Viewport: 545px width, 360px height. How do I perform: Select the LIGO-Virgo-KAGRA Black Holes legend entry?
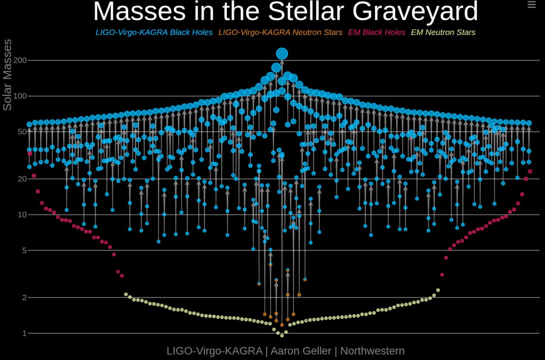point(154,32)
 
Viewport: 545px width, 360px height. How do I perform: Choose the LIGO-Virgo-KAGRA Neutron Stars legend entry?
point(280,32)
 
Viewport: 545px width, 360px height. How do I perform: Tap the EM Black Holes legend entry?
point(376,32)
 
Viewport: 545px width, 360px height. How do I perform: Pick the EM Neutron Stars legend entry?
point(443,32)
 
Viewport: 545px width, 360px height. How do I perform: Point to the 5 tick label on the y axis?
point(24,251)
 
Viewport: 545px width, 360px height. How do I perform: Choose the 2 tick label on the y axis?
point(24,297)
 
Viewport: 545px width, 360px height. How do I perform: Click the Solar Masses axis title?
point(7,75)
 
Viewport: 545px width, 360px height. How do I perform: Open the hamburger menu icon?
point(531,5)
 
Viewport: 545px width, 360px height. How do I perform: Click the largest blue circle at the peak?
point(282,53)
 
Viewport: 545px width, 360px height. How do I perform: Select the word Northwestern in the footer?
point(372,351)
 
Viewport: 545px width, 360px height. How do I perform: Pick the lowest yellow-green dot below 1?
point(281,335)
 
